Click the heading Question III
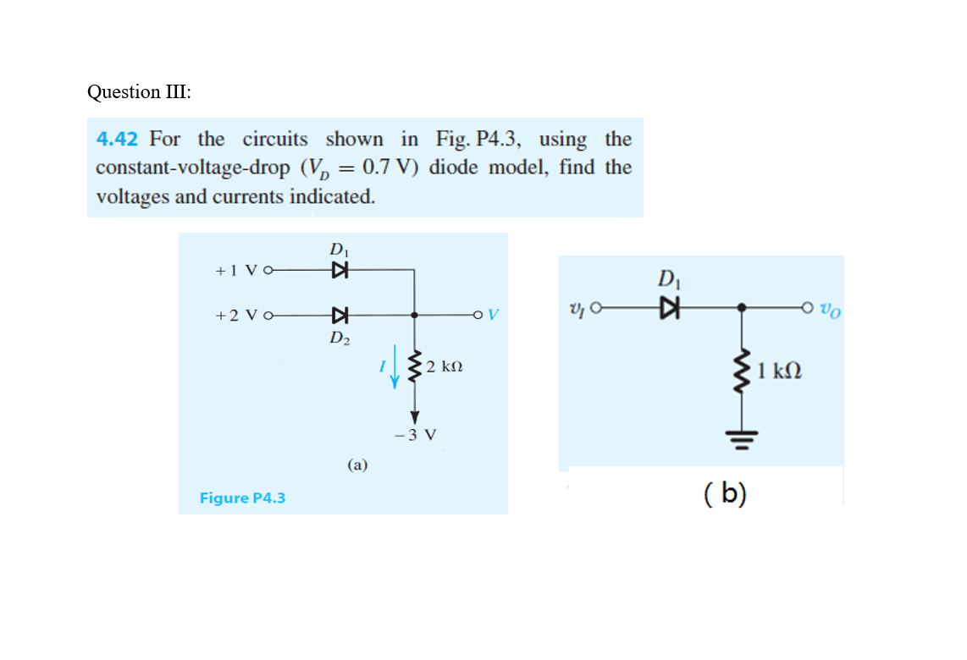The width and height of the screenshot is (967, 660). point(139,91)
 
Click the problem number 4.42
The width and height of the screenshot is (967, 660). point(117,139)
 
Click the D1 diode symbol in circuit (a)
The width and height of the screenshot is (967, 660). point(340,270)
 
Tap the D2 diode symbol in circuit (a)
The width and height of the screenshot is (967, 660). point(340,316)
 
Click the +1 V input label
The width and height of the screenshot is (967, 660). point(238,271)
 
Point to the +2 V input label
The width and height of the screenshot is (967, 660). point(238,316)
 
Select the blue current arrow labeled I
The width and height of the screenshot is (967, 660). point(394,372)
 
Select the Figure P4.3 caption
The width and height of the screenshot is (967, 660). point(242,498)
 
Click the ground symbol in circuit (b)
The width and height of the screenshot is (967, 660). point(743,438)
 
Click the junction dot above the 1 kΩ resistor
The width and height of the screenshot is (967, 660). point(743,309)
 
